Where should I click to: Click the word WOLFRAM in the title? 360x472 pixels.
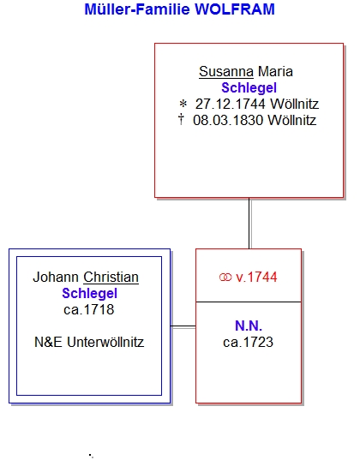[x=235, y=9]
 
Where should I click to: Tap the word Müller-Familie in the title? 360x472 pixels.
[x=137, y=9]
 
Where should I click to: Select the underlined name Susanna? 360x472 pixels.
[x=226, y=72]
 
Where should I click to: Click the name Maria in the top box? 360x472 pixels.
[x=275, y=72]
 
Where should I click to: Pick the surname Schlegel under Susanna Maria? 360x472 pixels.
[x=249, y=88]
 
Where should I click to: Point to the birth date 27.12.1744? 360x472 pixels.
[x=231, y=105]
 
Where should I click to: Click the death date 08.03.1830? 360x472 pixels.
[x=228, y=121]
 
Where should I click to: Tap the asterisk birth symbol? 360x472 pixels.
[x=183, y=105]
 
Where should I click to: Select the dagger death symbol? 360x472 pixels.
[x=181, y=119]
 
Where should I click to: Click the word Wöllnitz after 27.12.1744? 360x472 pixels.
[x=294, y=105]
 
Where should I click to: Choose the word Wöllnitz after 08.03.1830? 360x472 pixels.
[x=292, y=121]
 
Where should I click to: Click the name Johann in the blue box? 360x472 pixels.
[x=56, y=277]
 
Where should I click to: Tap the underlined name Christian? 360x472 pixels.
[x=111, y=277]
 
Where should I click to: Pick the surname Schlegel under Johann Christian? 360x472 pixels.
[x=89, y=294]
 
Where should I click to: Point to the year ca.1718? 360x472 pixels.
[x=89, y=310]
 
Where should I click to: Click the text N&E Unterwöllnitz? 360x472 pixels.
[x=89, y=343]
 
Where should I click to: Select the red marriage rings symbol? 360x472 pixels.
[x=225, y=278]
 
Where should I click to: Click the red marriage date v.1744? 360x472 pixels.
[x=256, y=278]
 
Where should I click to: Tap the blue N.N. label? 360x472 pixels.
[x=249, y=326]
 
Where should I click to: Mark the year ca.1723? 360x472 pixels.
[x=249, y=343]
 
